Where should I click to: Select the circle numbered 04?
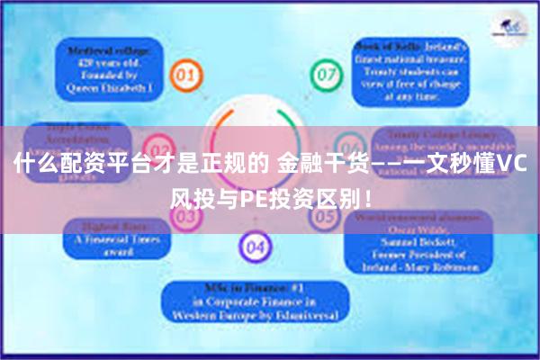coord(255,244)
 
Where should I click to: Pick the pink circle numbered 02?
coord(159,146)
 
